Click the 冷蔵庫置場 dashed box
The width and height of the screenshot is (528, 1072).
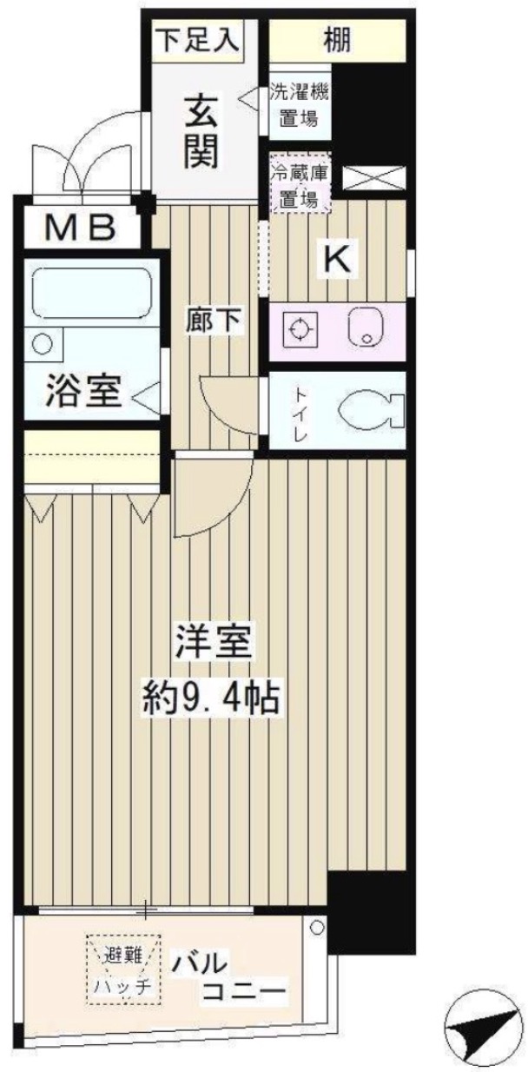coord(300,187)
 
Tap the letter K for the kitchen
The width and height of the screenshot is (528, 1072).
coord(338,257)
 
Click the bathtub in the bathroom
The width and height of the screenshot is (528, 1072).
coord(91,294)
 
